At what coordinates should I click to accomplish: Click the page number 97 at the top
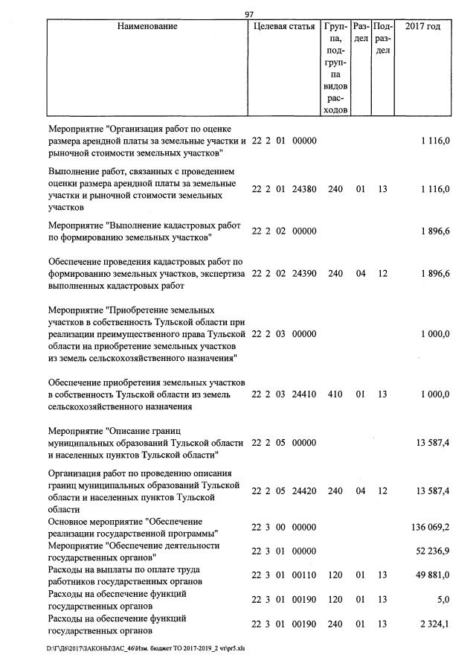pos(250,14)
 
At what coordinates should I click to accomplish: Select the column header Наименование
pos(147,27)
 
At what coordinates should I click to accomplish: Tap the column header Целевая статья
pos(285,27)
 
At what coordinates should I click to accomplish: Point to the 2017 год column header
pos(422,27)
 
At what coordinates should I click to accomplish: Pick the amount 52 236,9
pos(431,551)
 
